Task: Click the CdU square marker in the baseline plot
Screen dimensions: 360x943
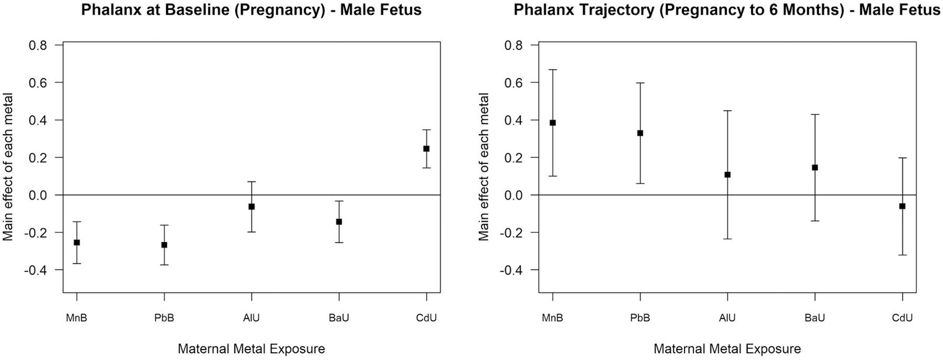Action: [x=426, y=149]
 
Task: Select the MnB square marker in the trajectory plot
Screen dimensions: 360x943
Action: [x=553, y=123]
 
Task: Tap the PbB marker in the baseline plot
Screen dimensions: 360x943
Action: [x=164, y=245]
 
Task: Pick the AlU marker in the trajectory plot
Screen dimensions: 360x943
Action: [x=728, y=174]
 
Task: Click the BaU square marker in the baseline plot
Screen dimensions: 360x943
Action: [x=339, y=222]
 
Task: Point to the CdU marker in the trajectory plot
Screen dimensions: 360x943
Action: [x=902, y=206]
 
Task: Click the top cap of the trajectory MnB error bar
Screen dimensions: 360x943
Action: [x=553, y=69]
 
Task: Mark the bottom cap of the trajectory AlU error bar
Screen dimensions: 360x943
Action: [x=728, y=239]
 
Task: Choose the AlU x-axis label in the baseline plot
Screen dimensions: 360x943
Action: [x=251, y=318]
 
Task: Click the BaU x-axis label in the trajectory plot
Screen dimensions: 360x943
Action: [x=815, y=318]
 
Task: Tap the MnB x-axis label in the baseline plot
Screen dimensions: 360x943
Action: [x=77, y=318]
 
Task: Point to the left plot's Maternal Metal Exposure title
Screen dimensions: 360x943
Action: [x=251, y=349]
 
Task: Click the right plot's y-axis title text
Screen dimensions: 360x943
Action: [x=484, y=167]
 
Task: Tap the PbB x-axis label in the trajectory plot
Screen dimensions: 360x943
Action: [x=640, y=318]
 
